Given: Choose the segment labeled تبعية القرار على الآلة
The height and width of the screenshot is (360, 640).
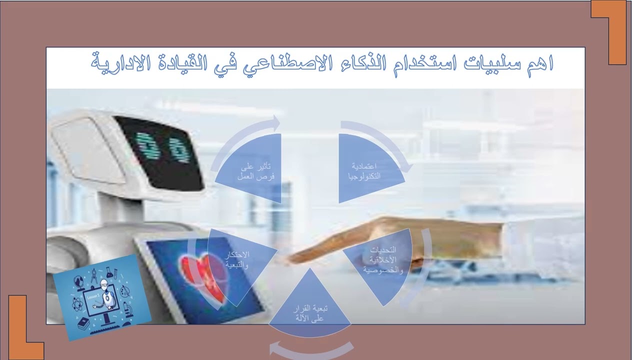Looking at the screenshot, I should pos(310,305).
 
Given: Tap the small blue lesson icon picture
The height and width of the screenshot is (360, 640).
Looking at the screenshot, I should pos(102,298).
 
